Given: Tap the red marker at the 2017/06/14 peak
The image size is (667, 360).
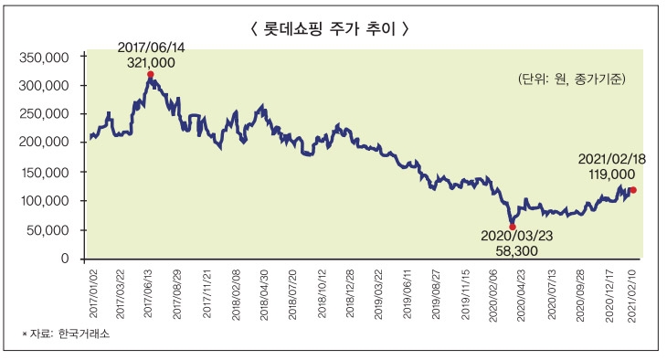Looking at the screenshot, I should coord(150,75).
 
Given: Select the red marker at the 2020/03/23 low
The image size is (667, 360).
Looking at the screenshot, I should coord(512,226).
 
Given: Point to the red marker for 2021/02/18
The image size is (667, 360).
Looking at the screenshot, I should coord(633,190).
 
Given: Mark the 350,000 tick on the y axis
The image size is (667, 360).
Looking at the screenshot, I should coord(45,57).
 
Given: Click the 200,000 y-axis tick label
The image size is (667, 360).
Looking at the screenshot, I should coord(45,143).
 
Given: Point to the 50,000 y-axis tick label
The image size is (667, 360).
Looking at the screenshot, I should coord(48,229).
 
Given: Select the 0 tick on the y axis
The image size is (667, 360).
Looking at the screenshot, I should coord(65,259).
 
